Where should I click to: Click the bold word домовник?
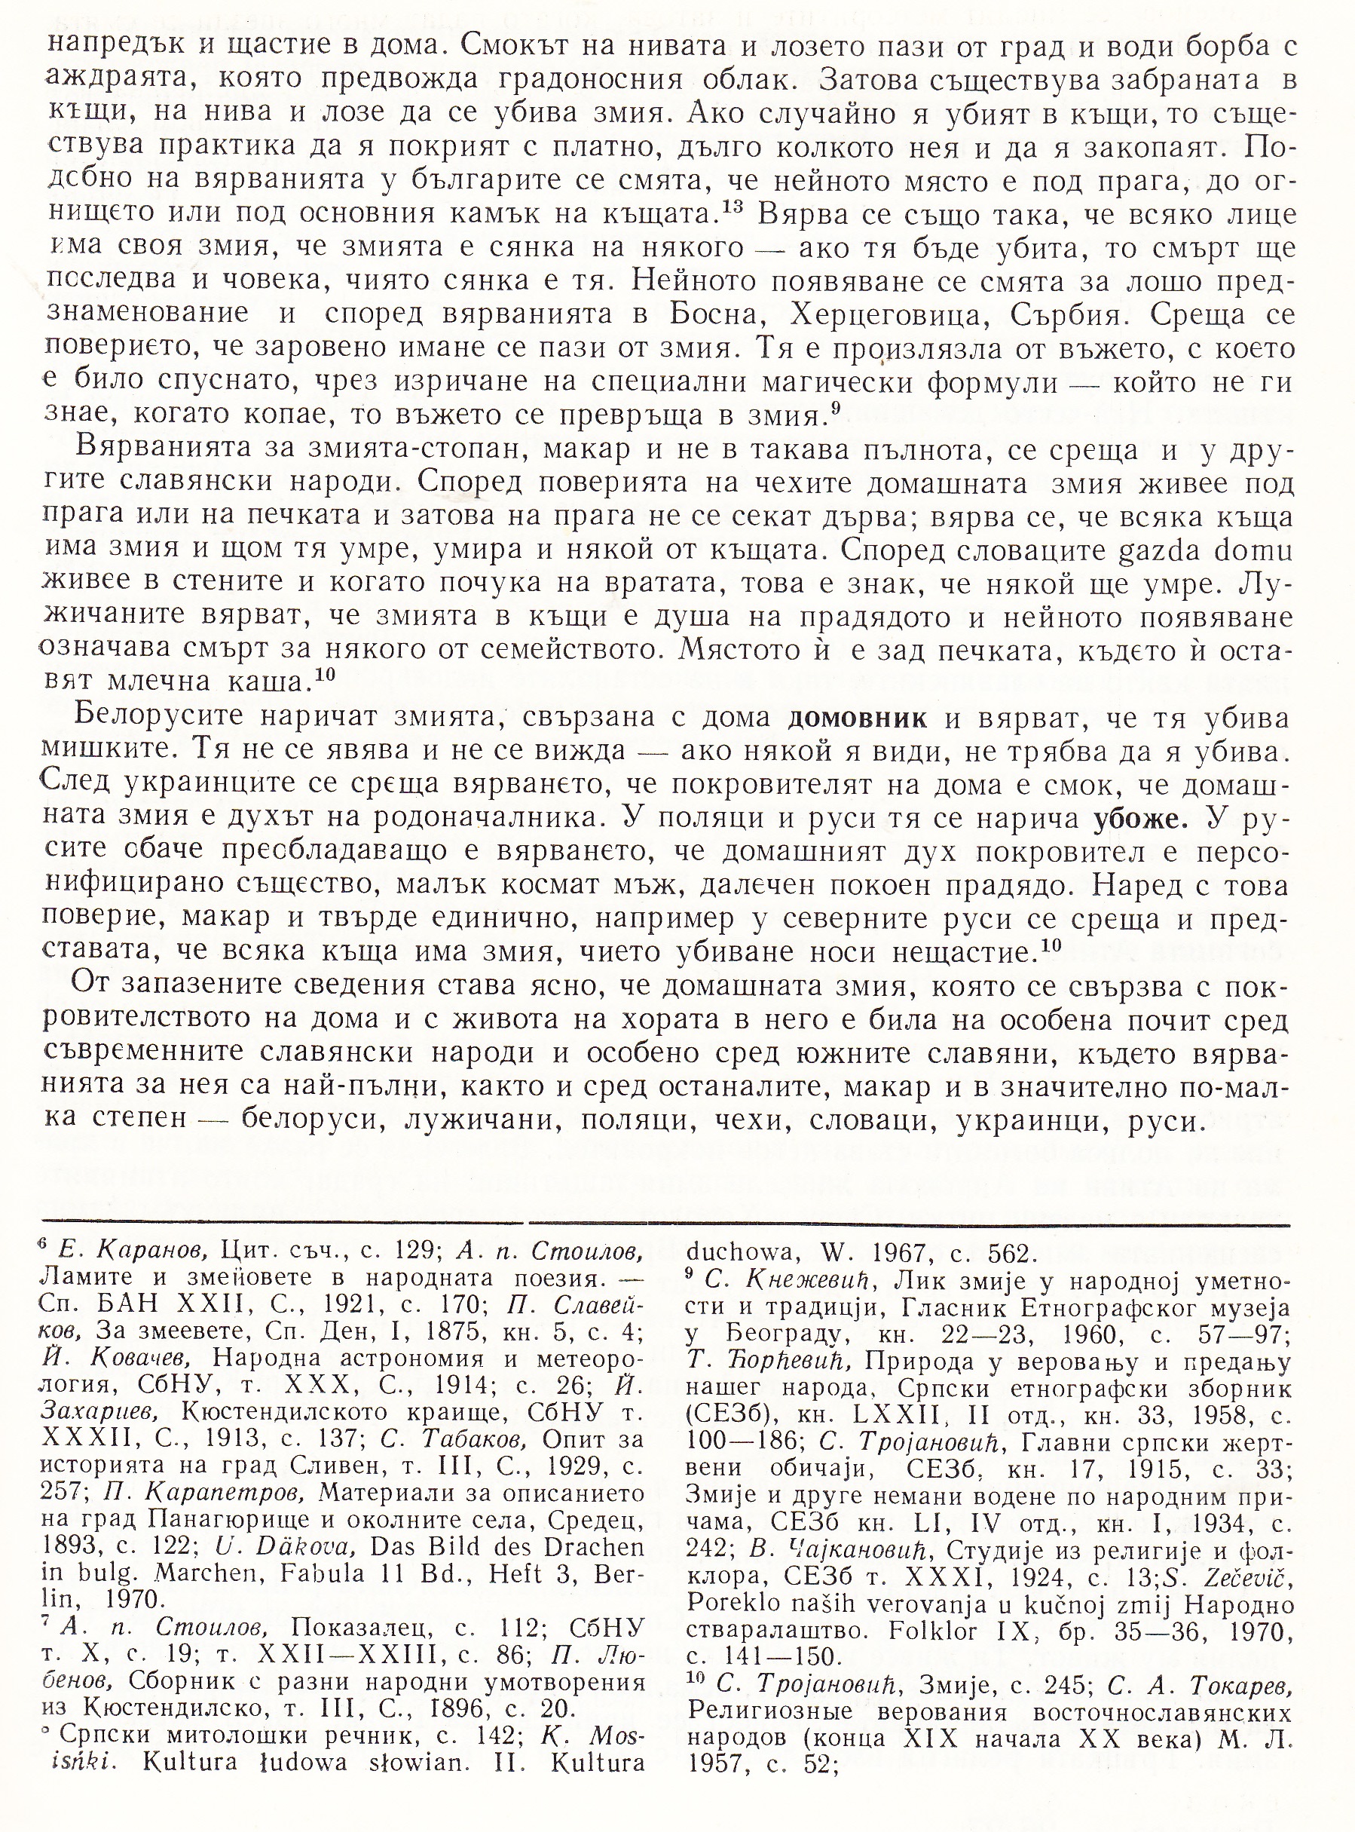(x=857, y=718)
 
